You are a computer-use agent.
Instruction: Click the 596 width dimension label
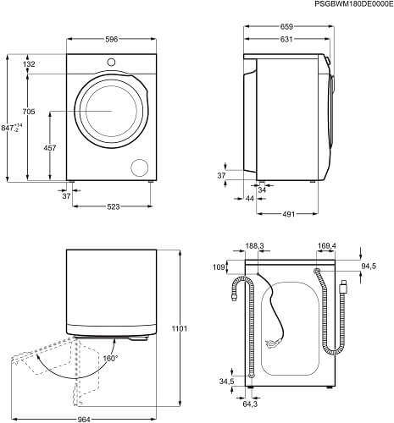(111, 40)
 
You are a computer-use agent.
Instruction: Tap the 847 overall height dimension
(12, 128)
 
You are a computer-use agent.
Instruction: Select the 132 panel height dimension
(29, 64)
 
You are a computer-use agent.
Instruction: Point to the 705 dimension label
(29, 112)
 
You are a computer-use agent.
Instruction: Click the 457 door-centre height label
(50, 147)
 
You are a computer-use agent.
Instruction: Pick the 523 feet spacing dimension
(114, 206)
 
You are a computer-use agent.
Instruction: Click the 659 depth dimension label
(286, 27)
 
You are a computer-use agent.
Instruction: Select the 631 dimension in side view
(286, 40)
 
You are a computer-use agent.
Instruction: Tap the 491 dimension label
(288, 214)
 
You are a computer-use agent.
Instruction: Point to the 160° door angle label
(110, 359)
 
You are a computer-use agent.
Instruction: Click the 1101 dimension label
(180, 328)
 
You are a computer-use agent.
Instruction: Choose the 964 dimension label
(84, 420)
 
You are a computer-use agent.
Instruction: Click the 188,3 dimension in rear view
(254, 246)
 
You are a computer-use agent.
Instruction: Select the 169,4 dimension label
(327, 246)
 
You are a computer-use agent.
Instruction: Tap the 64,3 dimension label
(250, 404)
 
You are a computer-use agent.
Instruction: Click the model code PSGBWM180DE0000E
(353, 4)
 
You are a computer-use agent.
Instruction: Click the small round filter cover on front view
(140, 168)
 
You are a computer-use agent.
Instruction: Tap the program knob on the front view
(111, 62)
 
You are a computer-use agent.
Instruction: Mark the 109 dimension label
(219, 266)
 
